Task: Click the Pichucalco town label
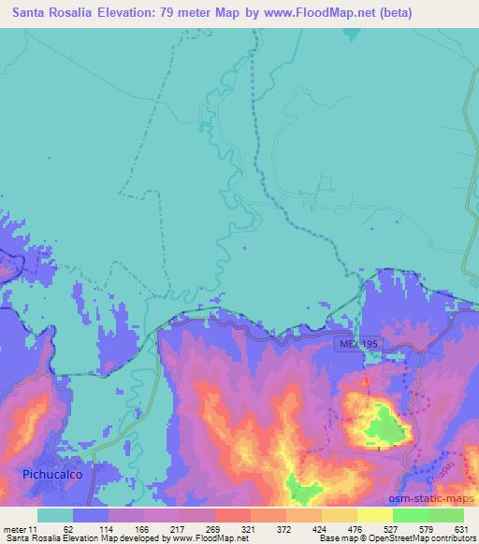pyautogui.click(x=54, y=475)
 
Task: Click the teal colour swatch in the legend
pyautogui.click(x=55, y=515)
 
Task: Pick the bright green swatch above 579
pyautogui.click(x=411, y=515)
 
